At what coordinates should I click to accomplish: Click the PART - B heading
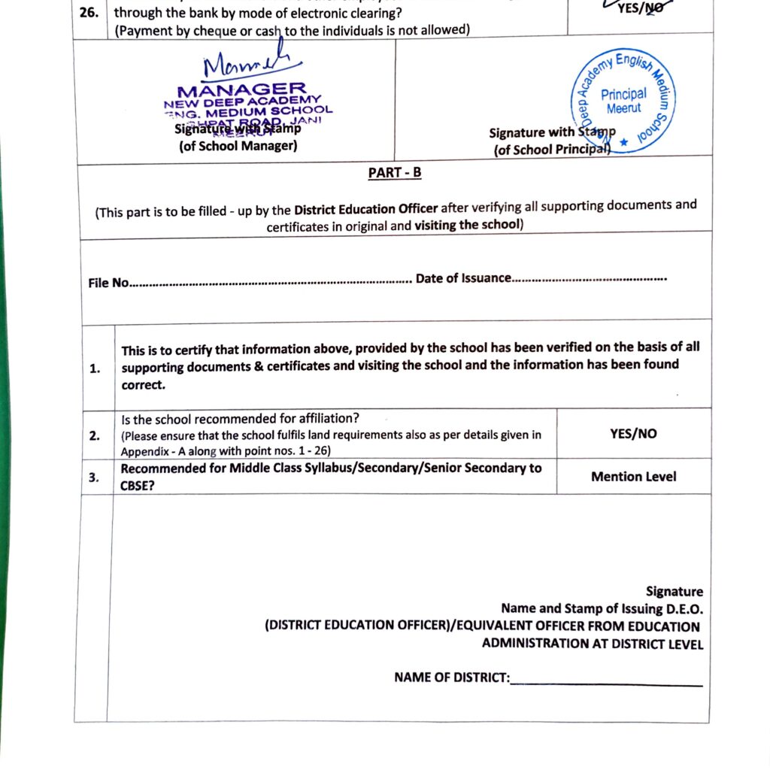tap(395, 173)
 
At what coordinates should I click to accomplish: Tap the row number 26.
tap(89, 14)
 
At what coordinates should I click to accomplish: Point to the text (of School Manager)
tap(238, 146)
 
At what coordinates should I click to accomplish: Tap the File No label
tap(109, 283)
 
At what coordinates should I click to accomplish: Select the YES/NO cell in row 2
tap(633, 434)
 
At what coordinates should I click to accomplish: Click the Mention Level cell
tap(633, 477)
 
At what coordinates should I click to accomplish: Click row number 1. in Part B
tap(95, 368)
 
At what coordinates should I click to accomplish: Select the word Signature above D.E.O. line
tap(675, 592)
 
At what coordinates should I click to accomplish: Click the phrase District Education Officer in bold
tap(365, 209)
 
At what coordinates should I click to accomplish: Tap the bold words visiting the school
tap(466, 225)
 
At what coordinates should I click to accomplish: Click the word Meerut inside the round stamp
tap(623, 108)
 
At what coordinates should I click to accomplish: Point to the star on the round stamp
tap(623, 141)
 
